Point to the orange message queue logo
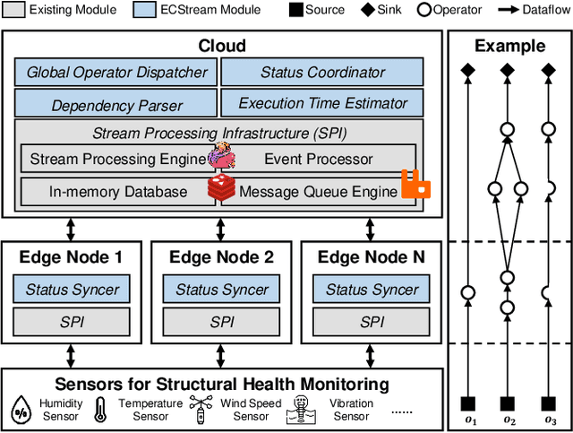[x=415, y=185]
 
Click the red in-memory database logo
[x=221, y=187]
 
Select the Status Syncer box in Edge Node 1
[x=72, y=290]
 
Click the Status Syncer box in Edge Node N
[x=372, y=290]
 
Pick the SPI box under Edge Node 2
[x=221, y=321]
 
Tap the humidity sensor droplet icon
[x=21, y=410]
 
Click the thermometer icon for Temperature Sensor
[x=100, y=410]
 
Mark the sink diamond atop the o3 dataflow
[x=547, y=70]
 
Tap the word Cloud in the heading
[x=222, y=46]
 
